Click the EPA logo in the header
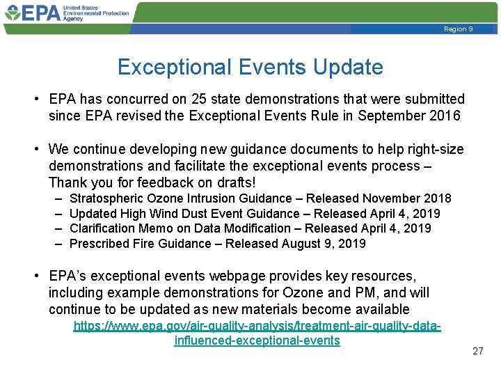[x=42, y=13]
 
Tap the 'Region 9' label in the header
[x=459, y=29]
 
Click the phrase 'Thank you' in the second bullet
[x=77, y=182]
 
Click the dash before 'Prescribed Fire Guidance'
[x=56, y=244]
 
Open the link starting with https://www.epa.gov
[x=257, y=325]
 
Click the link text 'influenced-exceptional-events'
[x=257, y=340]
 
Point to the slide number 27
[x=477, y=351]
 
